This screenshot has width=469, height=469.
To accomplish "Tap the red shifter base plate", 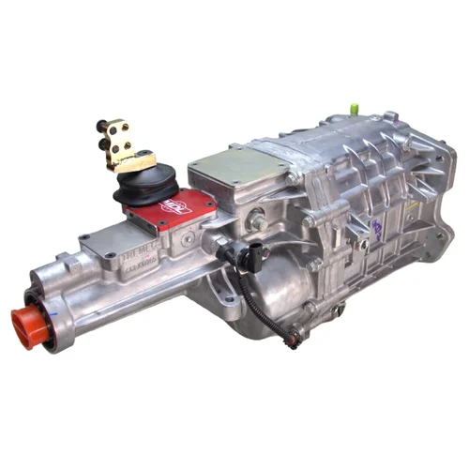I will point(169,211).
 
